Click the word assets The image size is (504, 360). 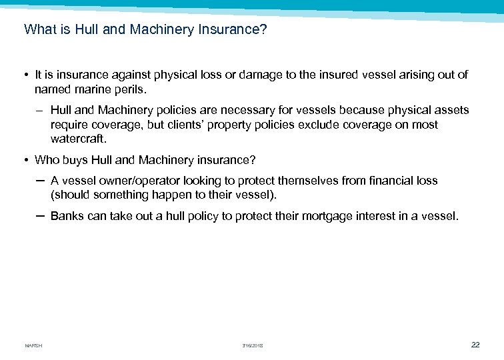click(450, 110)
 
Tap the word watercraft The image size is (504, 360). click(78, 139)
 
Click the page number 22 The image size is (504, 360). click(475, 345)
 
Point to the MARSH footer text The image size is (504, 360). click(33, 345)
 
